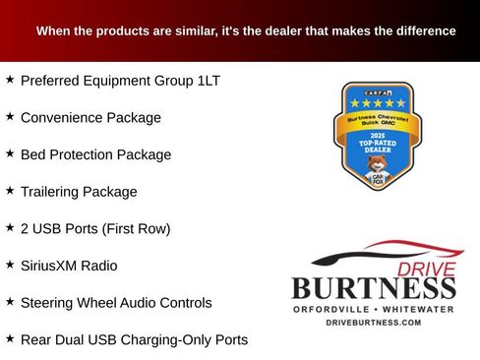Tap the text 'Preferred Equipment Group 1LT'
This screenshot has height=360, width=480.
click(x=120, y=80)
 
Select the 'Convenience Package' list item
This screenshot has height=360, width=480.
click(x=90, y=117)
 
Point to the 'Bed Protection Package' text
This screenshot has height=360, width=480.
click(x=95, y=154)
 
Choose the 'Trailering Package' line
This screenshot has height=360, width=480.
click(x=79, y=192)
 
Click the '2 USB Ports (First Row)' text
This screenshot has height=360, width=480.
click(x=95, y=228)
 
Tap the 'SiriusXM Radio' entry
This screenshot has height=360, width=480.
click(x=69, y=266)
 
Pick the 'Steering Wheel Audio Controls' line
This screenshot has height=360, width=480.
click(x=116, y=303)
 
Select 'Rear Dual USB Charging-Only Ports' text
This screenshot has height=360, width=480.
click(x=134, y=339)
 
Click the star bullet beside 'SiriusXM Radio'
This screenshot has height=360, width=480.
click(x=10, y=265)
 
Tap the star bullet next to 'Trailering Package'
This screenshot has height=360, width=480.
click(x=10, y=191)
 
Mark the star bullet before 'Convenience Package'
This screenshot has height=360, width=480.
click(x=10, y=116)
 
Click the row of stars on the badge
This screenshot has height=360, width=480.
click(x=375, y=102)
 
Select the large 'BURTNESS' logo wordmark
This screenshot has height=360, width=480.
click(x=373, y=288)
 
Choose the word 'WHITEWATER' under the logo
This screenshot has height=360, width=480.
click(x=418, y=309)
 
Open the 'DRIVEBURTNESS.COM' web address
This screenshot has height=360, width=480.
click(x=373, y=323)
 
